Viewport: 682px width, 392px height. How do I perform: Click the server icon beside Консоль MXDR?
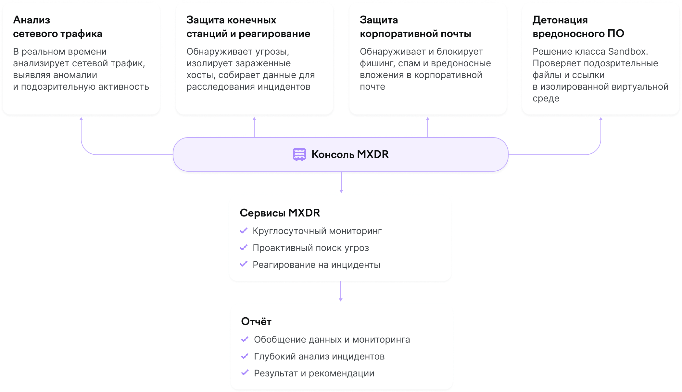(x=299, y=154)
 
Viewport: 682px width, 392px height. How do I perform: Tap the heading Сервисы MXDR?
(x=280, y=213)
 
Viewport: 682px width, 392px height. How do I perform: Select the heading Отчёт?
(x=256, y=321)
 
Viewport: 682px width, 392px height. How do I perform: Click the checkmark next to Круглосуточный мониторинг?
(x=244, y=231)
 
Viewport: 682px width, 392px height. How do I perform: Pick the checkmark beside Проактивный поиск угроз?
(x=244, y=248)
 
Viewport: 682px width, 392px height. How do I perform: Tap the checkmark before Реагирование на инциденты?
(x=244, y=264)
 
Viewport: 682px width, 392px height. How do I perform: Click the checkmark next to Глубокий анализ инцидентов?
(x=245, y=356)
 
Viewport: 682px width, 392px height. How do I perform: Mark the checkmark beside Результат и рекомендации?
(x=245, y=373)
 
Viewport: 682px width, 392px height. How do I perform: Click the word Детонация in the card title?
(x=560, y=20)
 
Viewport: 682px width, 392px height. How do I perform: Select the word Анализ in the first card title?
(x=32, y=20)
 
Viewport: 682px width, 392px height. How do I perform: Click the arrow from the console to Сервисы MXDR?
(x=341, y=182)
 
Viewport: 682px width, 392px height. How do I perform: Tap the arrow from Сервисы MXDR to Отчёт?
(x=341, y=291)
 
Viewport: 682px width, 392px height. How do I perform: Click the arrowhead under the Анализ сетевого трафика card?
(x=81, y=119)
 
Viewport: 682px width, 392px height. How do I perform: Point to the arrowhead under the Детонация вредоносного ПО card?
(x=601, y=119)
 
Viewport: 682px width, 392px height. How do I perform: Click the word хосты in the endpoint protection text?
(x=201, y=75)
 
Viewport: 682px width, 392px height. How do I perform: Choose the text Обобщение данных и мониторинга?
(x=332, y=340)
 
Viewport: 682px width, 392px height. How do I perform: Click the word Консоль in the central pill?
(x=333, y=154)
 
